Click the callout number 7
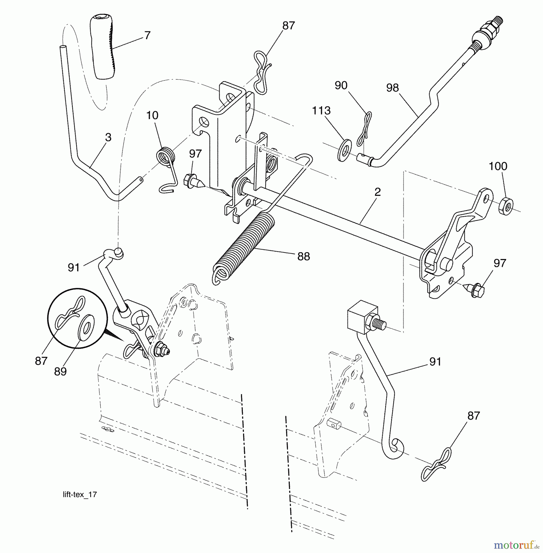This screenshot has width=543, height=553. pyautogui.click(x=147, y=36)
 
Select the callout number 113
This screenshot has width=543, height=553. pyautogui.click(x=321, y=111)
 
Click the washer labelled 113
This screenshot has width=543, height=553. pyautogui.click(x=344, y=150)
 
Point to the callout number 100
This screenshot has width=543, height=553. pyautogui.click(x=498, y=167)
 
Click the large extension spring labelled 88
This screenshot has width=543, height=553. pyautogui.click(x=242, y=246)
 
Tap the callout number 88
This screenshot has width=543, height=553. pyautogui.click(x=303, y=256)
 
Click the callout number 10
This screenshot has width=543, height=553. pyautogui.click(x=152, y=116)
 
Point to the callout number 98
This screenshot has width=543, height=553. pyautogui.click(x=392, y=88)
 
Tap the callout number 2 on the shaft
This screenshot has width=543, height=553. pyautogui.click(x=378, y=192)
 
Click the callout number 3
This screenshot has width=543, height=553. pyautogui.click(x=108, y=137)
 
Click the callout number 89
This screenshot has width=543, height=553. pyautogui.click(x=60, y=371)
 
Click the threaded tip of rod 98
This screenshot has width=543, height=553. pyautogui.click(x=498, y=24)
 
